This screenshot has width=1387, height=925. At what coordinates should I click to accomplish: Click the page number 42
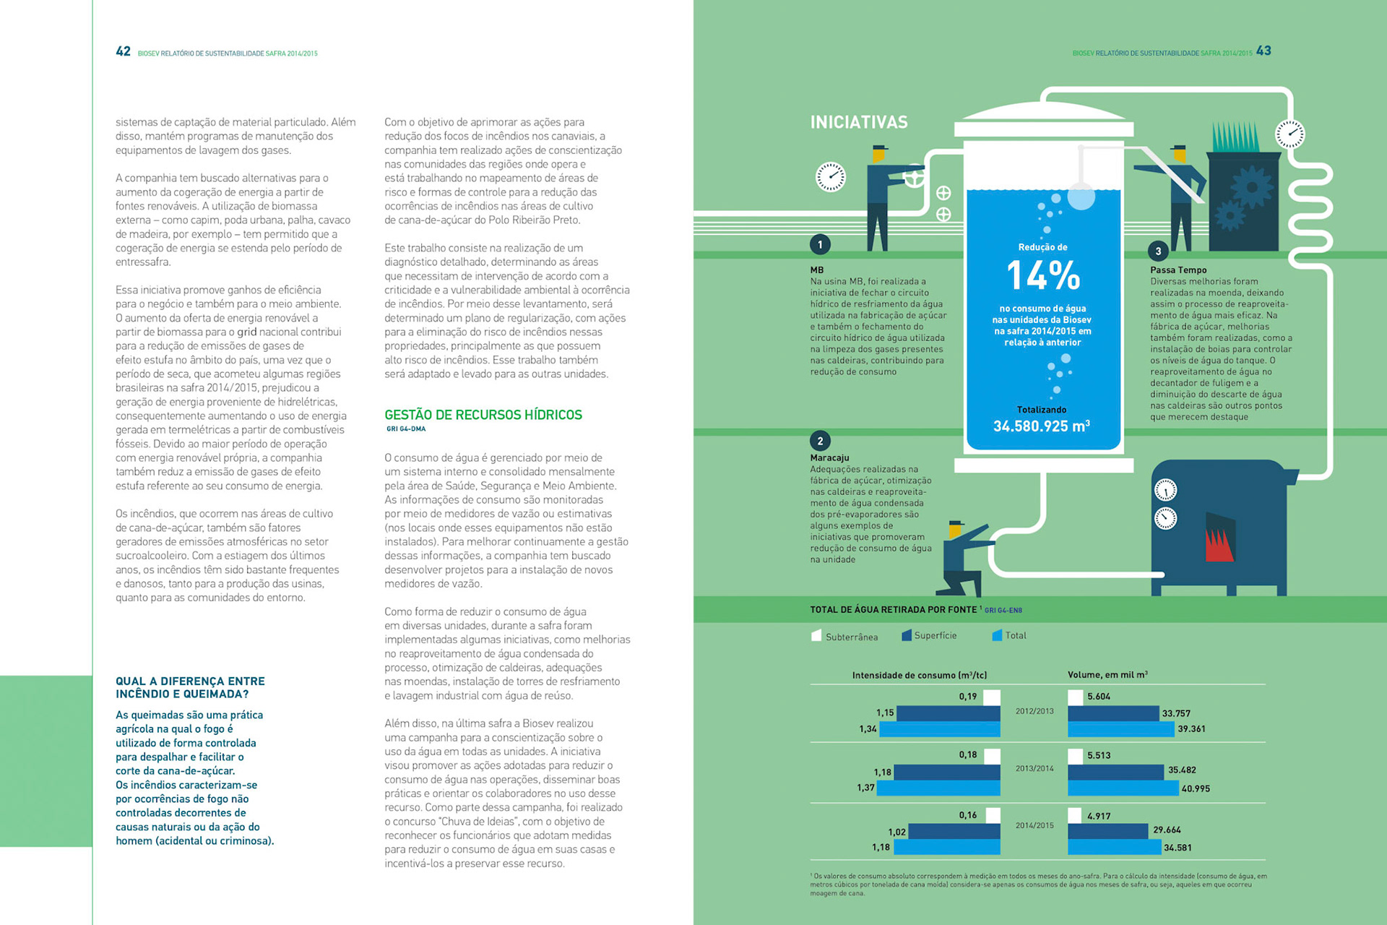point(123,51)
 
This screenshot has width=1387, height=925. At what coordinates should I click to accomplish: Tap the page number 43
point(1263,51)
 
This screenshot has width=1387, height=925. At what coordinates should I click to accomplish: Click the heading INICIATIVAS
point(858,122)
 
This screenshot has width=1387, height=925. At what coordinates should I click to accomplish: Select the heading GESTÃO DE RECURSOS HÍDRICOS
point(483,415)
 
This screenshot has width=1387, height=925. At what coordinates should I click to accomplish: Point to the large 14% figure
point(1042,276)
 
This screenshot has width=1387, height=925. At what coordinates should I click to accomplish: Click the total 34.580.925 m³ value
point(1041,426)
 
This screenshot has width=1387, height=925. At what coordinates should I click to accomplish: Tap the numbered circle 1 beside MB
point(820,244)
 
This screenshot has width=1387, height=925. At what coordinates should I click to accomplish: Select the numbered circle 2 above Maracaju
point(820,441)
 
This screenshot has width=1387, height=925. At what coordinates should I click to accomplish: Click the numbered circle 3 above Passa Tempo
point(1158,251)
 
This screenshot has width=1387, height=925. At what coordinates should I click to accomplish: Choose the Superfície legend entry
point(928,635)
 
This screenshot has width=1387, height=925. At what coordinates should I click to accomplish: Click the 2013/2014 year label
point(1034,768)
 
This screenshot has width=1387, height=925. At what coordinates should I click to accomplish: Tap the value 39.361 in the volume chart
point(1191,728)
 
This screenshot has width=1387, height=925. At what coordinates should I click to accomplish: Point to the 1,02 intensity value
point(896,832)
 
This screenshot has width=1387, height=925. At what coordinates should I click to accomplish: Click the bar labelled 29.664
point(1107,830)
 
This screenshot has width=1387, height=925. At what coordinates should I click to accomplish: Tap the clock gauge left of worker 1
point(831,176)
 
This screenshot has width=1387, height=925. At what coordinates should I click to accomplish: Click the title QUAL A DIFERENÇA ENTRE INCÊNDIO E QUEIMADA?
point(190,687)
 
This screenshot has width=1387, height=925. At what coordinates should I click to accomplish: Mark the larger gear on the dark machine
point(1251,187)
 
